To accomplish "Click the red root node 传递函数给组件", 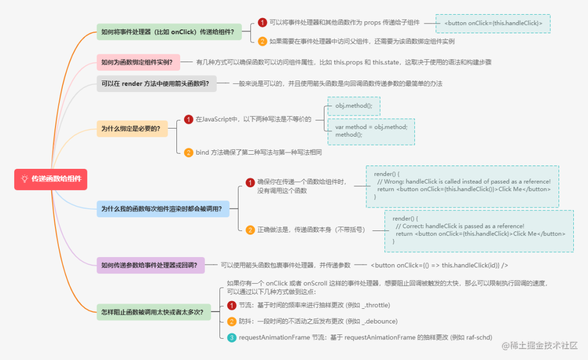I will pyautogui.click(x=51, y=179).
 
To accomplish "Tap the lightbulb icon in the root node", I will pyautogui.click(x=24, y=179).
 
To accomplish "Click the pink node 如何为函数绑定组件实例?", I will pyautogui.click(x=137, y=63).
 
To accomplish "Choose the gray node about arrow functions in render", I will pyautogui.click(x=156, y=84).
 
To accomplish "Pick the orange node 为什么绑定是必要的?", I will pyautogui.click(x=132, y=129).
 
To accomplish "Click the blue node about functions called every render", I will pyautogui.click(x=163, y=208).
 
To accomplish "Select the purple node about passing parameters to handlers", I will pyautogui.click(x=150, y=265).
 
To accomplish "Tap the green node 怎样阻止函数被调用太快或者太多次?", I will pyautogui.click(x=153, y=312).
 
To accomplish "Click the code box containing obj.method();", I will pyautogui.click(x=353, y=106).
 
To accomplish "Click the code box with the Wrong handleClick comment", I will pyautogui.click(x=462, y=187).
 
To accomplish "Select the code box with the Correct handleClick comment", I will pyautogui.click(x=479, y=230).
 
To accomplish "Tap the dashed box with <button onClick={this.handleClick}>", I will pyautogui.click(x=493, y=23).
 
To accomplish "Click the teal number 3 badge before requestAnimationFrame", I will pyautogui.click(x=231, y=338).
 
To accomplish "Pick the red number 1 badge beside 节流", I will pyautogui.click(x=231, y=305).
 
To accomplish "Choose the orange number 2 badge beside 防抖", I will pyautogui.click(x=231, y=321).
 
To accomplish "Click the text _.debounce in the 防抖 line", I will pyautogui.click(x=379, y=321).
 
